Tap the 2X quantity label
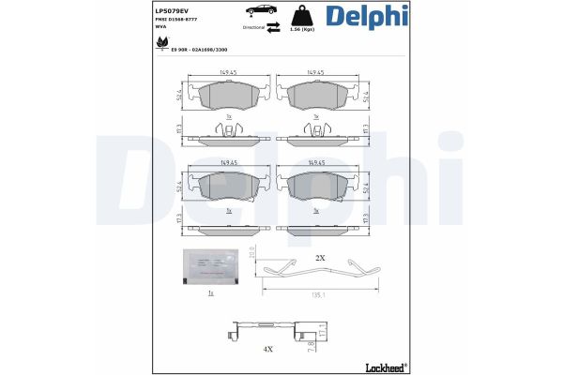319,257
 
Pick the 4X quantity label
266,349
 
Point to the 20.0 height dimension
252,255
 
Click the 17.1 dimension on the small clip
323,332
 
